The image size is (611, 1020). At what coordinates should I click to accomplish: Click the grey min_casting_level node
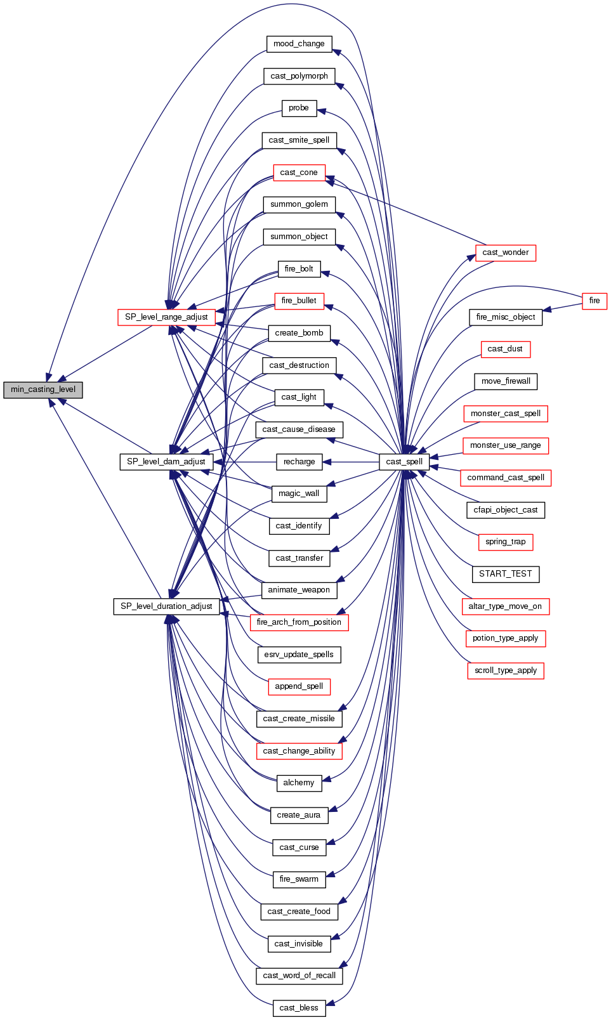(x=43, y=389)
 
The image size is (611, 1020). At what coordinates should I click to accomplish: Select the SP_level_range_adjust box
(x=166, y=317)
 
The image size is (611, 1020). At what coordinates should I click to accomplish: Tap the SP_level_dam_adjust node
(x=166, y=462)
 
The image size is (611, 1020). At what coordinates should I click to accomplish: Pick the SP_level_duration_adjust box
(x=166, y=606)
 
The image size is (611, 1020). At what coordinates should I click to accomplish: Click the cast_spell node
(x=404, y=462)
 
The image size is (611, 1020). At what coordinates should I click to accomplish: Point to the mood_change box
(x=299, y=44)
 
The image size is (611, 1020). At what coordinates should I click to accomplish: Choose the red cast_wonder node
(x=505, y=252)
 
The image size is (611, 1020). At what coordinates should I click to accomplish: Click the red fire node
(x=595, y=301)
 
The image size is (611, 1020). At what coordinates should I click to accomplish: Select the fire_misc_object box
(x=506, y=317)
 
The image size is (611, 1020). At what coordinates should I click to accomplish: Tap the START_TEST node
(x=506, y=574)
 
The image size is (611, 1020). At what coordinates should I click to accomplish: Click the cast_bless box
(x=299, y=1008)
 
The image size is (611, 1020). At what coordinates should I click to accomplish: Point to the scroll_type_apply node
(x=506, y=670)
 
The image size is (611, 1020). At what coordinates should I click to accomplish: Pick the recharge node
(x=299, y=462)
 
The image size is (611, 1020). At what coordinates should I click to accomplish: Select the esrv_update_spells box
(x=299, y=655)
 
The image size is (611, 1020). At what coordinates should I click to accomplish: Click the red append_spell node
(x=299, y=686)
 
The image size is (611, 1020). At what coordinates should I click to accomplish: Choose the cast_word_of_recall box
(x=299, y=976)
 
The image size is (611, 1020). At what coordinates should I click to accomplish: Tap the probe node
(x=299, y=108)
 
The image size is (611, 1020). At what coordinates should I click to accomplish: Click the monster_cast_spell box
(x=506, y=414)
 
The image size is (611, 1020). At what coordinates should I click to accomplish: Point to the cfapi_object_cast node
(x=506, y=510)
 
